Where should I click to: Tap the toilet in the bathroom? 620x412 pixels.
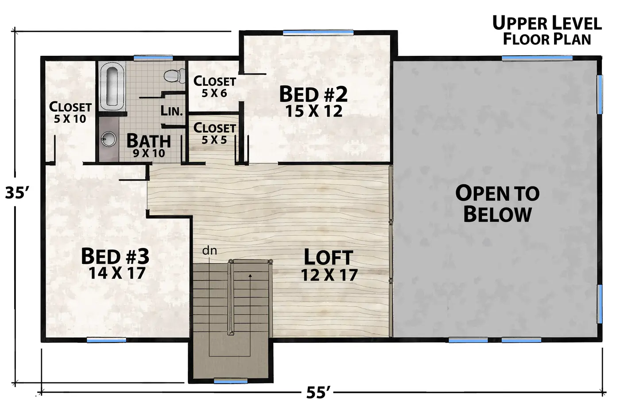[174, 75]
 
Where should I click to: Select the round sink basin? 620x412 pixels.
[108, 139]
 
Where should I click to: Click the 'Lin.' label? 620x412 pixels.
[172, 111]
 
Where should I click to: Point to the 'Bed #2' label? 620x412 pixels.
[313, 94]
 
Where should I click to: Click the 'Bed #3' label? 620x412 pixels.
[115, 256]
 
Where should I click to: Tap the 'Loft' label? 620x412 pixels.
[329, 257]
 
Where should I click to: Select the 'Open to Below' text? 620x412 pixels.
[497, 203]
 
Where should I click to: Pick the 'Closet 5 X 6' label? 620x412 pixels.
[214, 87]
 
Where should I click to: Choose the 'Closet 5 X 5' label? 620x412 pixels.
[214, 133]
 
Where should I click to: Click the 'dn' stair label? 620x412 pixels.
[209, 251]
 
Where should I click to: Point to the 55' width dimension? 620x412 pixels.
[318, 393]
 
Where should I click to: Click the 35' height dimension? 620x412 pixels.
[17, 193]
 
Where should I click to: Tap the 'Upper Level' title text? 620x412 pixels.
[547, 23]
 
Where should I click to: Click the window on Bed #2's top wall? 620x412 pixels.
[318, 33]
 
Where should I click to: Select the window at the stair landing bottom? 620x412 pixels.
[231, 381]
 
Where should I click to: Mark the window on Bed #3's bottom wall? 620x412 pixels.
[106, 340]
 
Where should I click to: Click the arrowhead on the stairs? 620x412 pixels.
[250, 276]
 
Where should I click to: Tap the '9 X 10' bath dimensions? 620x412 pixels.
[149, 153]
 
